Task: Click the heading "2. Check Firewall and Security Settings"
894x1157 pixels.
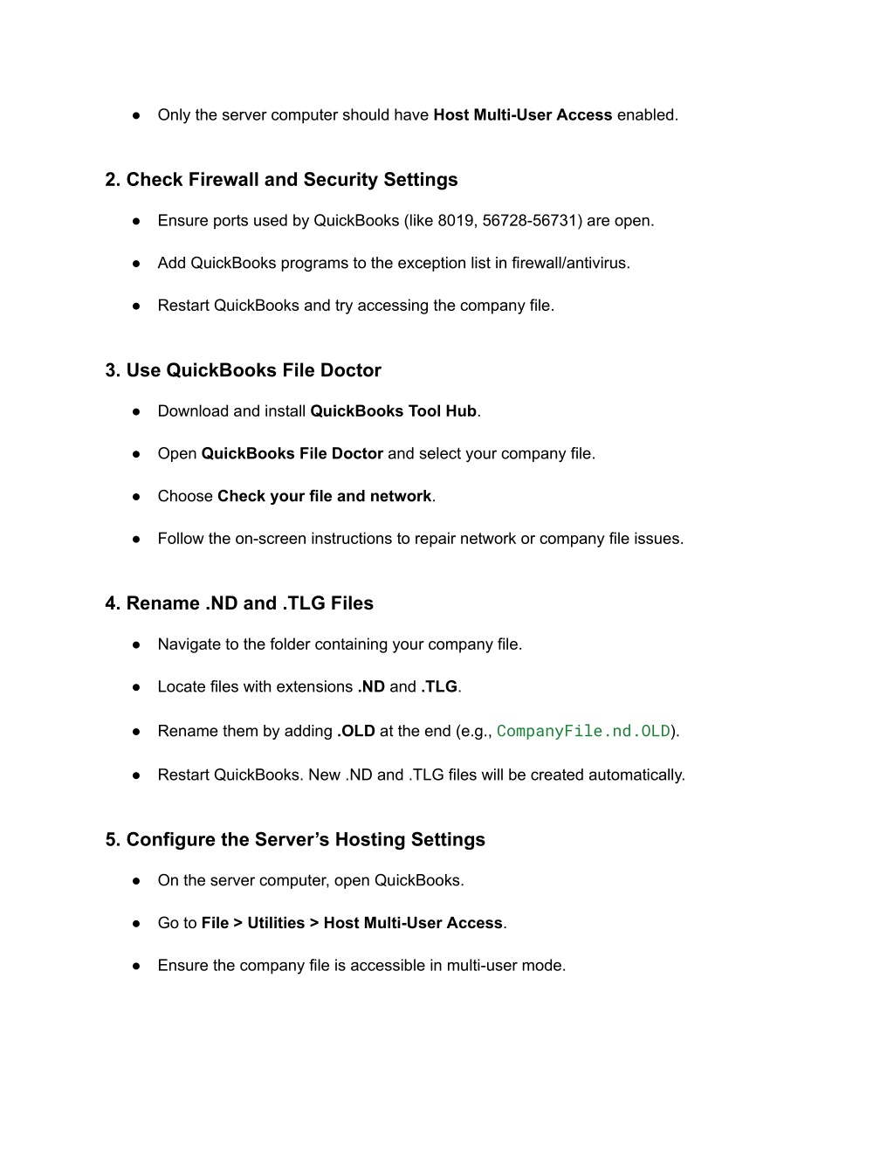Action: pos(281,180)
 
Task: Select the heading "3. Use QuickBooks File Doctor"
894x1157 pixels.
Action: pos(243,370)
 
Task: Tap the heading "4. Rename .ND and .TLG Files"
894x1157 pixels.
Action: pos(239,603)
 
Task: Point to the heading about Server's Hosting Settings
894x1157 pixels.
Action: pos(295,840)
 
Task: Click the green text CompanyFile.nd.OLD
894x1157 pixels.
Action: pos(583,731)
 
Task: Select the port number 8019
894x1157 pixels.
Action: pos(456,221)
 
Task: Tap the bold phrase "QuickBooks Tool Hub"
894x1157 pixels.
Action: pos(393,411)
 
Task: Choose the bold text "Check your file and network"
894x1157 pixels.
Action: pos(324,497)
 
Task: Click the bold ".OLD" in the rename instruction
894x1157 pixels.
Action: pos(355,732)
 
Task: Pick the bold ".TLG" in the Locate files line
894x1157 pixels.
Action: pos(439,687)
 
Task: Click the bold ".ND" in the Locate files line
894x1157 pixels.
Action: pos(371,687)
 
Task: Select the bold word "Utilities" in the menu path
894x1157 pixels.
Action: pos(276,923)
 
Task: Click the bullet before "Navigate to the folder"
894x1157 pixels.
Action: pos(137,645)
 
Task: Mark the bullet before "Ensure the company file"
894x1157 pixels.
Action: pos(137,966)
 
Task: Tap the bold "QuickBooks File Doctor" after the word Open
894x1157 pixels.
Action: pos(292,454)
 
